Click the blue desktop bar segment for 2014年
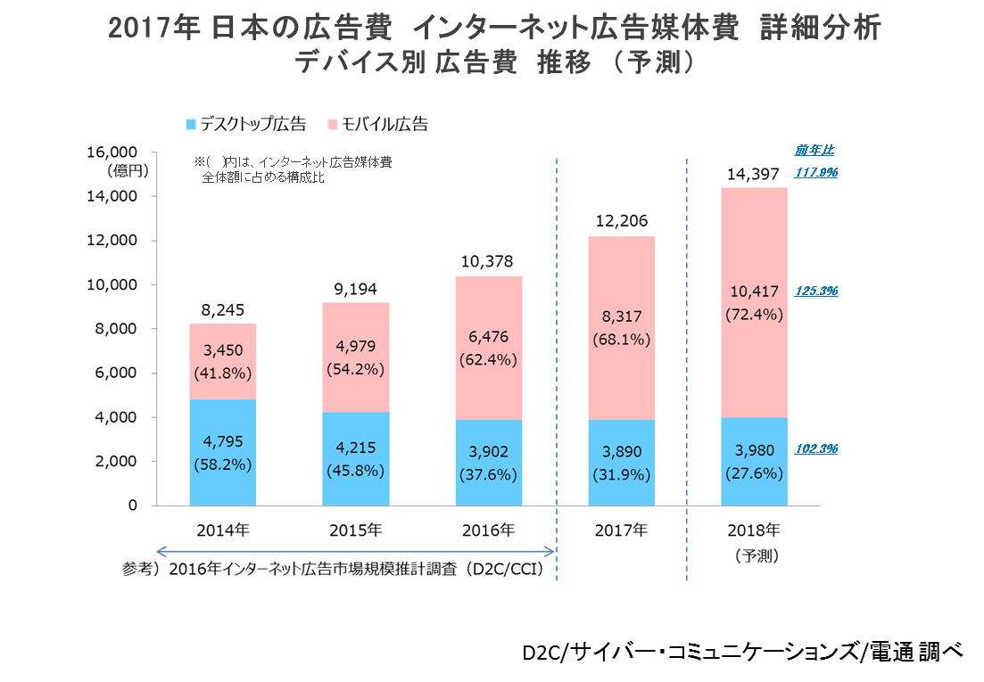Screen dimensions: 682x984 [222, 452]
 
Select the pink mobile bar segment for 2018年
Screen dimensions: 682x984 [756, 302]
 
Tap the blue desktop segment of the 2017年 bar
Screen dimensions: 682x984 [622, 463]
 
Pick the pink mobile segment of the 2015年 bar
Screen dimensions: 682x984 [356, 357]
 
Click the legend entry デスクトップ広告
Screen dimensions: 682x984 [245, 124]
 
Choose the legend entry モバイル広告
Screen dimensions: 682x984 [378, 124]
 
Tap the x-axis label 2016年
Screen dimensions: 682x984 [488, 530]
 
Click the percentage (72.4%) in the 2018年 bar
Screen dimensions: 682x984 [756, 314]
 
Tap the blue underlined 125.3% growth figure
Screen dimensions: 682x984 [815, 292]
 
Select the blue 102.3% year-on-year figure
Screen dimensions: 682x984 [815, 449]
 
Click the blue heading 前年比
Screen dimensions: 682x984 [814, 151]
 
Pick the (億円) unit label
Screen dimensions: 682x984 [128, 169]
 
